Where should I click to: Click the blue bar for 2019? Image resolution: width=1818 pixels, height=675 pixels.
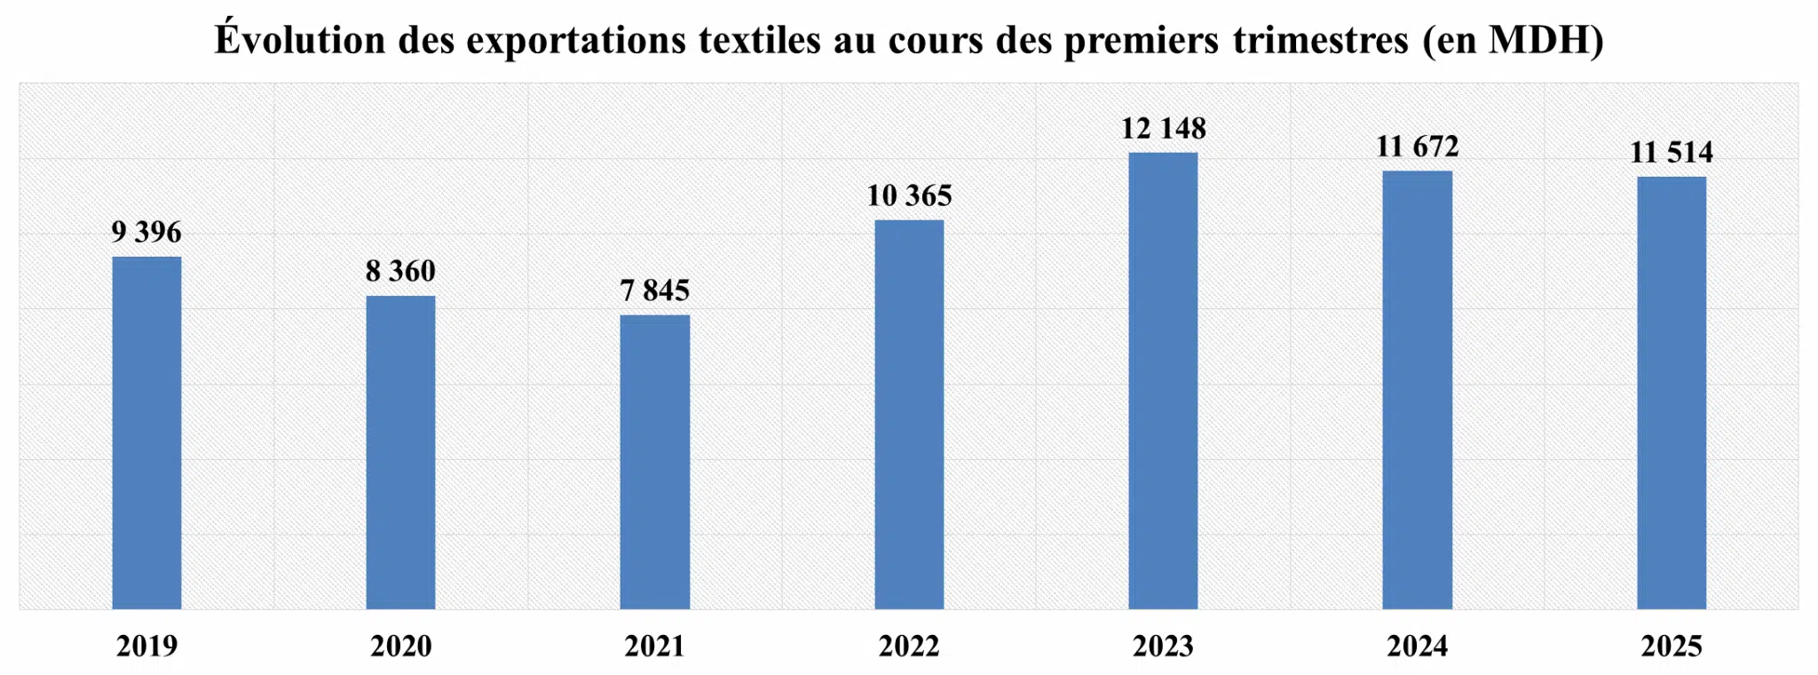[x=146, y=433]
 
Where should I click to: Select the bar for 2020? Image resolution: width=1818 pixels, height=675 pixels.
[x=400, y=452]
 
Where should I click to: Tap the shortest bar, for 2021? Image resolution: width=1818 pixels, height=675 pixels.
[x=654, y=462]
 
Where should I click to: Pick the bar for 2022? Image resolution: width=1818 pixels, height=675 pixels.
[x=909, y=414]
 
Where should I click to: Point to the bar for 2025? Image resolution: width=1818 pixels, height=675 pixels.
[x=1671, y=393]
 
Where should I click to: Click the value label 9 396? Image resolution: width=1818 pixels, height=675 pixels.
[x=146, y=233]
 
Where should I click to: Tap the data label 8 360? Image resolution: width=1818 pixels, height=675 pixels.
[x=400, y=271]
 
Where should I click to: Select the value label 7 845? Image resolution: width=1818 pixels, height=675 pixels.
[x=654, y=290]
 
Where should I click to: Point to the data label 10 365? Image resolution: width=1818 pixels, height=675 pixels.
[x=909, y=195]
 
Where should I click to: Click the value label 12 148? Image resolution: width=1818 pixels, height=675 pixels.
[x=1163, y=129]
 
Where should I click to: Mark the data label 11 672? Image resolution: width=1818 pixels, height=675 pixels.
[x=1417, y=147]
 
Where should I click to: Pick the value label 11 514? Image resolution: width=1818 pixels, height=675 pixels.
[x=1671, y=153]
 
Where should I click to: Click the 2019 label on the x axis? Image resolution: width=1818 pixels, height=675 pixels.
[x=146, y=646]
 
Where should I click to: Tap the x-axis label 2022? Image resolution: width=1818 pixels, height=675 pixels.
[x=909, y=646]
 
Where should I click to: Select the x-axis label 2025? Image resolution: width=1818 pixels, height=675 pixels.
[x=1671, y=646]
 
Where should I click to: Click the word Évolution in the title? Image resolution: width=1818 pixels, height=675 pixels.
[x=299, y=40]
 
